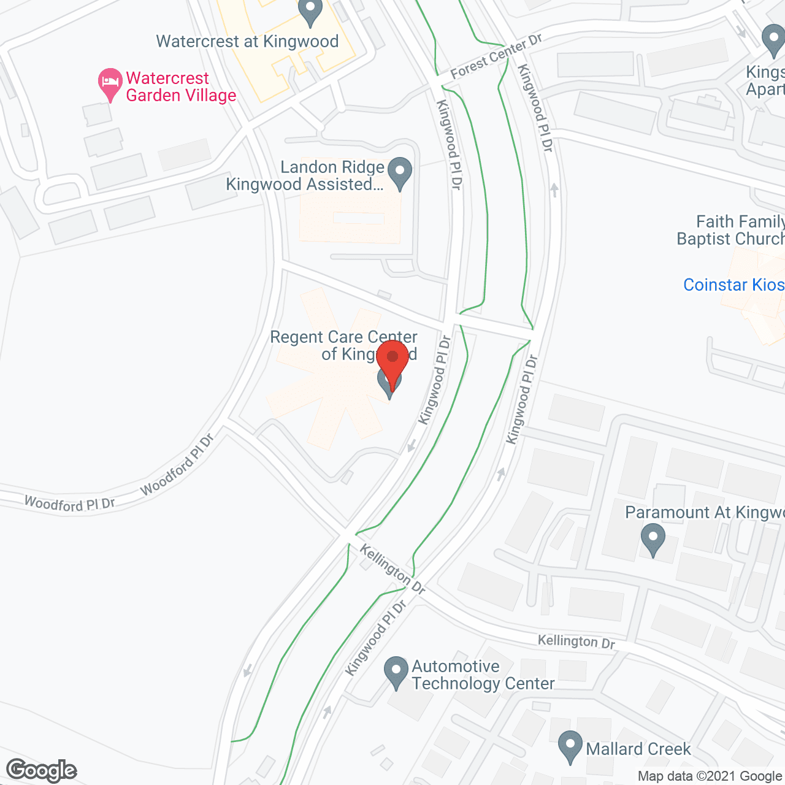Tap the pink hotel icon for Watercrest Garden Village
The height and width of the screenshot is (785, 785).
click(x=110, y=83)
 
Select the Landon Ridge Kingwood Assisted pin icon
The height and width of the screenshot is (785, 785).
click(x=400, y=172)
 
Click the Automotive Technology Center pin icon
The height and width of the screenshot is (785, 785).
click(x=396, y=672)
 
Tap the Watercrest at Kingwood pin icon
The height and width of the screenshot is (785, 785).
click(x=310, y=11)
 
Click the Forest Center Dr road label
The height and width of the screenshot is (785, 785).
click(x=496, y=56)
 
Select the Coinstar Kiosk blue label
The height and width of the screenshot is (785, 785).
click(x=733, y=285)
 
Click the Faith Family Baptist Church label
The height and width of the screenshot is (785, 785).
click(x=730, y=230)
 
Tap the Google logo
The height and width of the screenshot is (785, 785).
click(x=42, y=770)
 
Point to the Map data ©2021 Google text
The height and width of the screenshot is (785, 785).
click(x=710, y=776)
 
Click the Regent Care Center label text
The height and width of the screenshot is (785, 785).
click(x=343, y=345)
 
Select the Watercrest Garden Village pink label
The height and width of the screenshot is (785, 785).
click(x=181, y=87)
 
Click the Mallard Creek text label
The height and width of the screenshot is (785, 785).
click(x=638, y=749)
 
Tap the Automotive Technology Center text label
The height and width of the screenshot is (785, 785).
click(x=483, y=675)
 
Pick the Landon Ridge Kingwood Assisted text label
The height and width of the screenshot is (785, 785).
click(x=305, y=176)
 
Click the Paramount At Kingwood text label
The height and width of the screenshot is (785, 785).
click(x=705, y=513)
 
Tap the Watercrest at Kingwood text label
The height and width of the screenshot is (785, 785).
click(x=247, y=42)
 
